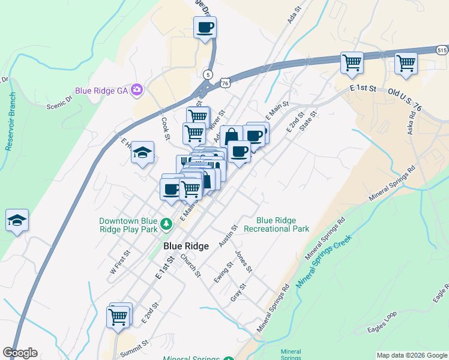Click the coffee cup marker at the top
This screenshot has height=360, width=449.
point(205,28)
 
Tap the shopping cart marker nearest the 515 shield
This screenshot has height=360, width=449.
point(406,62)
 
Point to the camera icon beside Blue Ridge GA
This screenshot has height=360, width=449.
point(137,91)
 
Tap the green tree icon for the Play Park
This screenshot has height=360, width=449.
point(167,225)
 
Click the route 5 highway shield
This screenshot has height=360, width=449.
point(208,74)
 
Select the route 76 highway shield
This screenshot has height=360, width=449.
point(224,83)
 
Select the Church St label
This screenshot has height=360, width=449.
point(191,266)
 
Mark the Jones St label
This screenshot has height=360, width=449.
point(244,260)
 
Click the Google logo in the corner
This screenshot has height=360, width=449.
point(20,353)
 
